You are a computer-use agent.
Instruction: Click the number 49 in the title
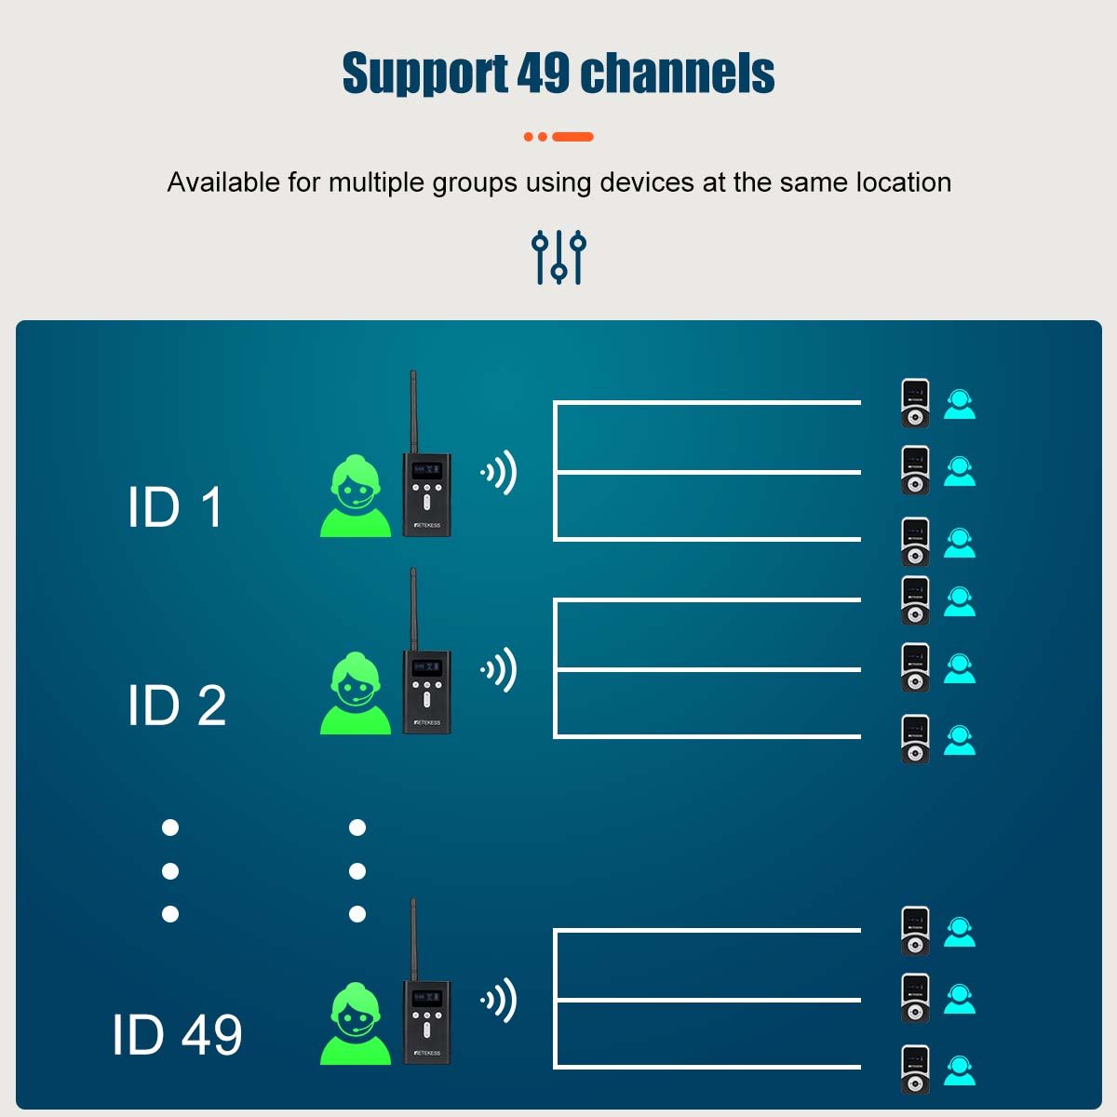click(x=543, y=74)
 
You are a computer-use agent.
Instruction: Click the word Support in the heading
click(x=424, y=74)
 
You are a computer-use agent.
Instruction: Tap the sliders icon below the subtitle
click(x=558, y=257)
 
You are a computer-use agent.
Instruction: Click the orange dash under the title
click(x=572, y=137)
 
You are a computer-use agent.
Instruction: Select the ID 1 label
click(x=175, y=507)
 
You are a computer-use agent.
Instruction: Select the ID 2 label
click(x=177, y=705)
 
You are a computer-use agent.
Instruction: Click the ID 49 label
click(x=177, y=1034)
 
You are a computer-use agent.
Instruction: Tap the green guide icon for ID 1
click(x=356, y=496)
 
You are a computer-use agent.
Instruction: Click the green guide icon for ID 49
click(x=356, y=1024)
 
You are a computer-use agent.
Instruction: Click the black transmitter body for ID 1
click(x=426, y=494)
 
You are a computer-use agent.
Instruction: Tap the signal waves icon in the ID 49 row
click(x=500, y=1001)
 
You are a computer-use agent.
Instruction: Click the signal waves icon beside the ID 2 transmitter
click(x=500, y=670)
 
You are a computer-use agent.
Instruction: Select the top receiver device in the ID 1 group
click(x=915, y=404)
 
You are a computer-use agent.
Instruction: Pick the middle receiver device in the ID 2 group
click(x=915, y=668)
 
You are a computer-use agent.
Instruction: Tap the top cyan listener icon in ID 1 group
click(x=960, y=404)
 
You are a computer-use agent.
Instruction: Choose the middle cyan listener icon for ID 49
click(x=960, y=999)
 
